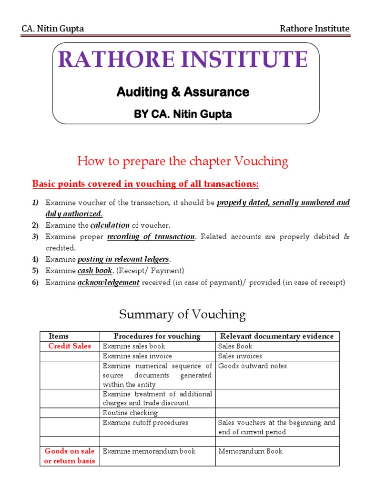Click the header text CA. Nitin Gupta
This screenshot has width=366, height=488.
point(52,29)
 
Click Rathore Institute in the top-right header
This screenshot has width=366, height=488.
point(314,29)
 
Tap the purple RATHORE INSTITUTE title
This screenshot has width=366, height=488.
point(183,60)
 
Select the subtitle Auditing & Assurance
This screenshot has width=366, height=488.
point(183,92)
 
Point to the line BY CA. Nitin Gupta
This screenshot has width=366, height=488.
point(183,114)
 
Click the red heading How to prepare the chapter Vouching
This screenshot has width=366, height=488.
point(183,162)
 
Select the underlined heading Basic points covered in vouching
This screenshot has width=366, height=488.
point(145,184)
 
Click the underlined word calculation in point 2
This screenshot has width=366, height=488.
point(110,225)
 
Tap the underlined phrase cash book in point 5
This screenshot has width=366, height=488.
point(95,271)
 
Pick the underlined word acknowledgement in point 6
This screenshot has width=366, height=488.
point(108,283)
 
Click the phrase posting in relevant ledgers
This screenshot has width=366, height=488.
point(123,259)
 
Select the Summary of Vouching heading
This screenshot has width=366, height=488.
point(182,315)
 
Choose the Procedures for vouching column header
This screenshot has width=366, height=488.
point(157,336)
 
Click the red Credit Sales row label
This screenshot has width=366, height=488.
point(70,346)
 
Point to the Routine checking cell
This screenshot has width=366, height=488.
point(130,413)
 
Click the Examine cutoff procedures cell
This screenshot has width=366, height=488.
point(145,423)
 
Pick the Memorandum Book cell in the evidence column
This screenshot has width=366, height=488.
point(250,451)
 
